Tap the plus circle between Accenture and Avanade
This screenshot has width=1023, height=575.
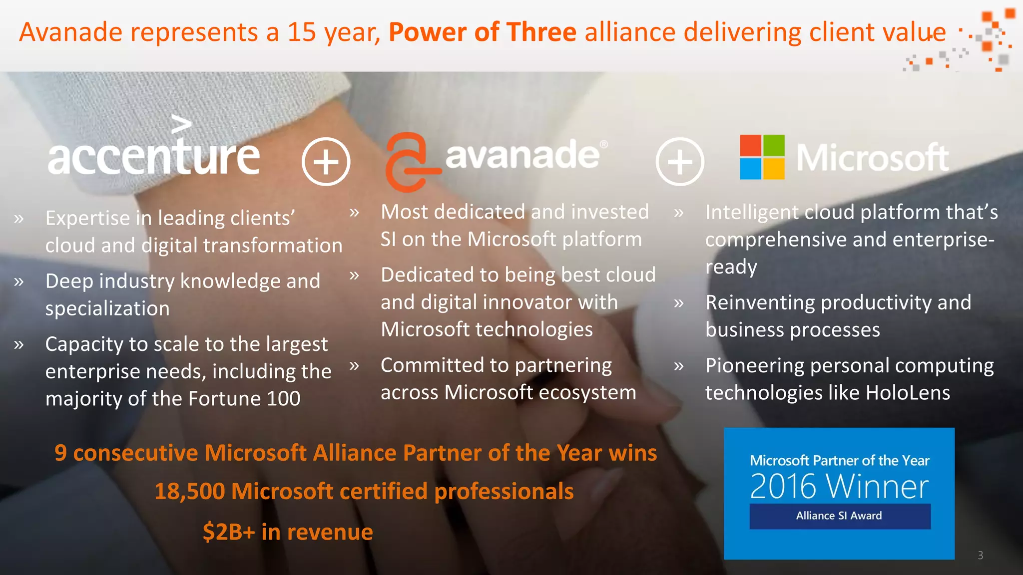tap(326, 162)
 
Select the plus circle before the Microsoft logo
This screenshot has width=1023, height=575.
tap(680, 162)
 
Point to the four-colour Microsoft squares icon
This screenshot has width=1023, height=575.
tap(762, 157)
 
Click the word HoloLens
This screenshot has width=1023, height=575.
tap(908, 393)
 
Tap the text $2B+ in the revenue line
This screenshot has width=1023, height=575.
tap(229, 532)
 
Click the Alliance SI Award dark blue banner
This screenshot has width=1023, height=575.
tap(839, 516)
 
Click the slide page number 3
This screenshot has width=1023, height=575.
tap(980, 556)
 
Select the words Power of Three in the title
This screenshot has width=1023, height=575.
tap(483, 32)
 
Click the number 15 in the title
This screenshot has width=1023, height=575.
tap(302, 32)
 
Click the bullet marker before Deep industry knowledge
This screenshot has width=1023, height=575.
tap(19, 282)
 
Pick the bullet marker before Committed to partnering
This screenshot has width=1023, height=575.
tap(354, 366)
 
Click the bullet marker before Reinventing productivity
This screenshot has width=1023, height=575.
tap(678, 303)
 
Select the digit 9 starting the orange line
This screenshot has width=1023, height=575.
tap(60, 453)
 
